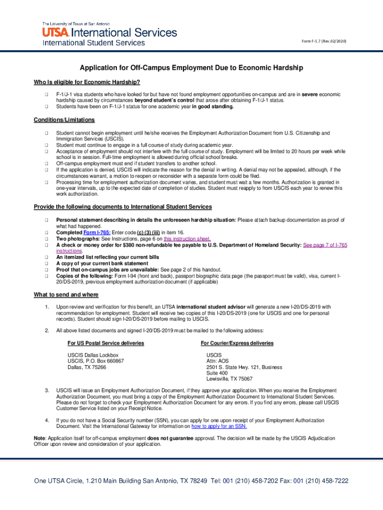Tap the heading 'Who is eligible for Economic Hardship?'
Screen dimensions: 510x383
click(87, 82)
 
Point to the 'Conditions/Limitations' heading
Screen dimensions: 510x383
click(64, 120)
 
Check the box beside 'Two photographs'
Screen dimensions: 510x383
click(45, 239)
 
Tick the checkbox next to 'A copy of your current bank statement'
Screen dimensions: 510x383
click(45, 263)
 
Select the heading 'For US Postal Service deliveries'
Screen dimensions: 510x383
click(106, 343)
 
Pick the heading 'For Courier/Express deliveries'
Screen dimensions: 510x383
click(237, 343)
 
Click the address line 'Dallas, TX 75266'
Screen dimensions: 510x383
click(87, 367)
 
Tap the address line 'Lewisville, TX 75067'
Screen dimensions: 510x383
click(229, 379)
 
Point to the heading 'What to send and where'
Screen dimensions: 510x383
click(66, 295)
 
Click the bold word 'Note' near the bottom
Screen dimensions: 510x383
click(39, 438)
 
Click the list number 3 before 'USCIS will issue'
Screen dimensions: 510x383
click(47, 390)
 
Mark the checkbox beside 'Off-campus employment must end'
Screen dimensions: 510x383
click(45, 163)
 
